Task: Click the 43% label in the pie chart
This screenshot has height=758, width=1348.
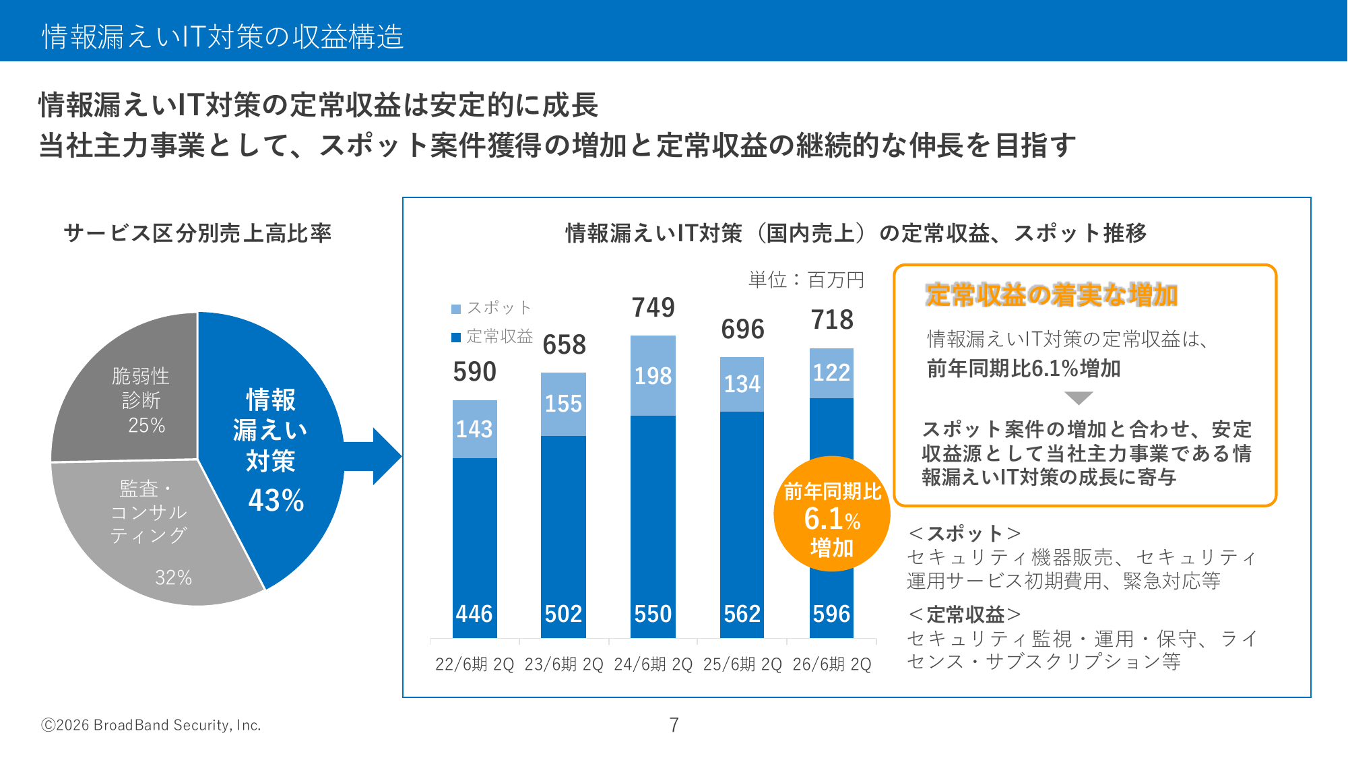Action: coord(276,501)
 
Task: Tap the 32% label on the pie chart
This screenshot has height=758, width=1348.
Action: coord(173,577)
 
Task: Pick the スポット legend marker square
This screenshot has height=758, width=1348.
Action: coord(456,309)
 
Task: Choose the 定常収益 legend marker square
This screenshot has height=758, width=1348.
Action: coord(456,337)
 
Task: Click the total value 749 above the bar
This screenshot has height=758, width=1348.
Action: coord(653,308)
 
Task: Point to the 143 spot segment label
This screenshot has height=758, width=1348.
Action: coord(474,429)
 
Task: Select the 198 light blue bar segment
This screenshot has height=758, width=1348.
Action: coord(653,376)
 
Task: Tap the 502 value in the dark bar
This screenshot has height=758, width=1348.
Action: coord(563,614)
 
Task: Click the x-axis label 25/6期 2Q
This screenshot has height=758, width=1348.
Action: coord(742,664)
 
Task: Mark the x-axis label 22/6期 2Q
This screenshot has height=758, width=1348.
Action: coord(474,664)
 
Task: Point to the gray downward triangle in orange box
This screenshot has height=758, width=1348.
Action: coord(1079,398)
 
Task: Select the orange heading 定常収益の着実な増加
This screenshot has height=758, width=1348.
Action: coord(1051,295)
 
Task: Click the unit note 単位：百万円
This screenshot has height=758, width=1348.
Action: coord(806,280)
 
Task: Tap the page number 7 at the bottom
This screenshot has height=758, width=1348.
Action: coord(674,725)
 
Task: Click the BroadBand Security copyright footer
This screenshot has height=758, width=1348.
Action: coord(151,725)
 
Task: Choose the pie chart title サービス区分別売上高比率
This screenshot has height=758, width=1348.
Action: coord(197,233)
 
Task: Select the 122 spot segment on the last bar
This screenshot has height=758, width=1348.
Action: coord(831,373)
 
